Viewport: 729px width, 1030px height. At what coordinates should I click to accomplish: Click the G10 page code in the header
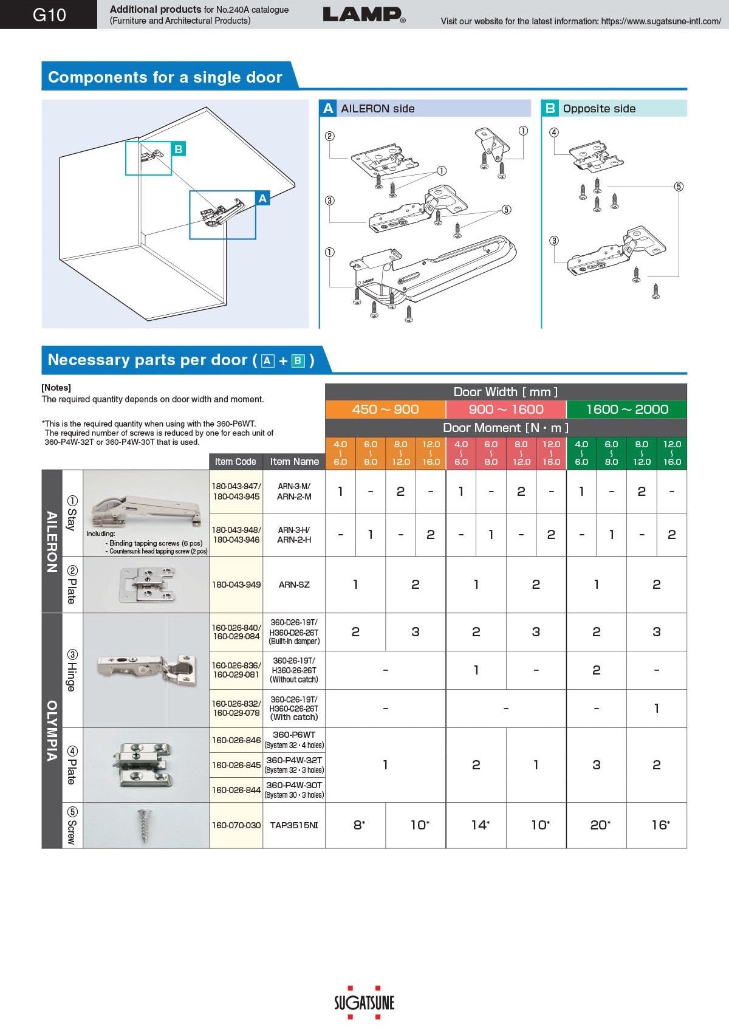[49, 15]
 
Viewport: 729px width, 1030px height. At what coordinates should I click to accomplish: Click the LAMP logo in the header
[363, 15]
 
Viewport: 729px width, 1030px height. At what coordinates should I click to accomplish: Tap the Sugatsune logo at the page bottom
[364, 1002]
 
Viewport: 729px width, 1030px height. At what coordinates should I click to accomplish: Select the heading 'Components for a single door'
[165, 77]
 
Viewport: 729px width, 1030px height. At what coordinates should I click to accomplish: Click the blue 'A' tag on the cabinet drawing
[262, 198]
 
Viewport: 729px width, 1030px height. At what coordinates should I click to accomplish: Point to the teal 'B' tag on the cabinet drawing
[178, 149]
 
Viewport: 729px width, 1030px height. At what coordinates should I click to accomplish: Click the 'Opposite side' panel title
[599, 109]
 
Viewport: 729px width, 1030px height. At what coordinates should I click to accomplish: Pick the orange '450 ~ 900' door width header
[385, 409]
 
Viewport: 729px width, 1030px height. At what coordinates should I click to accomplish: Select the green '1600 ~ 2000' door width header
[626, 409]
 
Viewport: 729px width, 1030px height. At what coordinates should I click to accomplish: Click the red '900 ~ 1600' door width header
[506, 409]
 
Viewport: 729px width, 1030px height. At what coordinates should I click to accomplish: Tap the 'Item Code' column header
[236, 462]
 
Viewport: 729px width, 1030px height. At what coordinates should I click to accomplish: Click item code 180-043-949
[236, 585]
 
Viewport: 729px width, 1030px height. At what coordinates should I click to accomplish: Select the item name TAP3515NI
[294, 825]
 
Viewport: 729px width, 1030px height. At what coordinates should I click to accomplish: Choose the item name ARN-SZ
[294, 585]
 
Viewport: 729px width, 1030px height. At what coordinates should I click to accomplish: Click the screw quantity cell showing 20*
[597, 825]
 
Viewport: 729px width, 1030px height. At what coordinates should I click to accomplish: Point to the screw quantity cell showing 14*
[476, 825]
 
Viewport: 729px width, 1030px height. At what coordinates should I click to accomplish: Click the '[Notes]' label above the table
[56, 388]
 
